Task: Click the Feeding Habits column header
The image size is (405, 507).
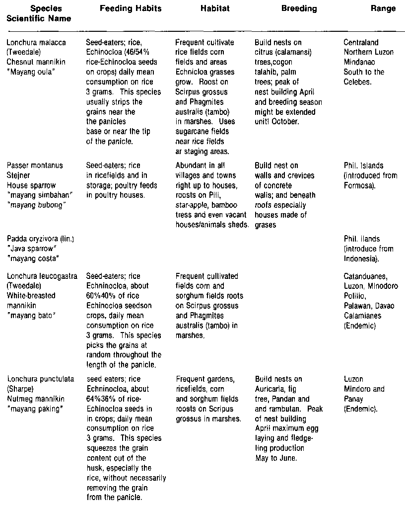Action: tap(124, 9)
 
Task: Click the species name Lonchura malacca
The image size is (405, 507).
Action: tap(31, 43)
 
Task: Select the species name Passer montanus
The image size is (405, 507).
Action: tap(28, 166)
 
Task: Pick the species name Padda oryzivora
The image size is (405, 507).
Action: tap(31, 239)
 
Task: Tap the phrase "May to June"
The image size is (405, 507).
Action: tap(275, 458)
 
